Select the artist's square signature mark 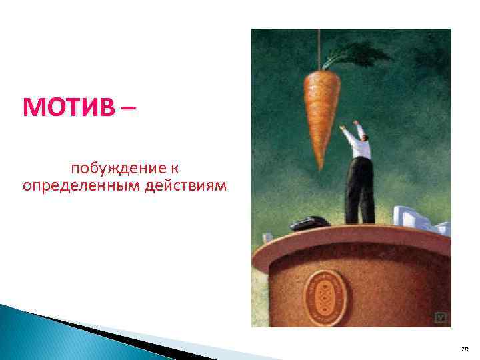440,317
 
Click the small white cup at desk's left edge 266,236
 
